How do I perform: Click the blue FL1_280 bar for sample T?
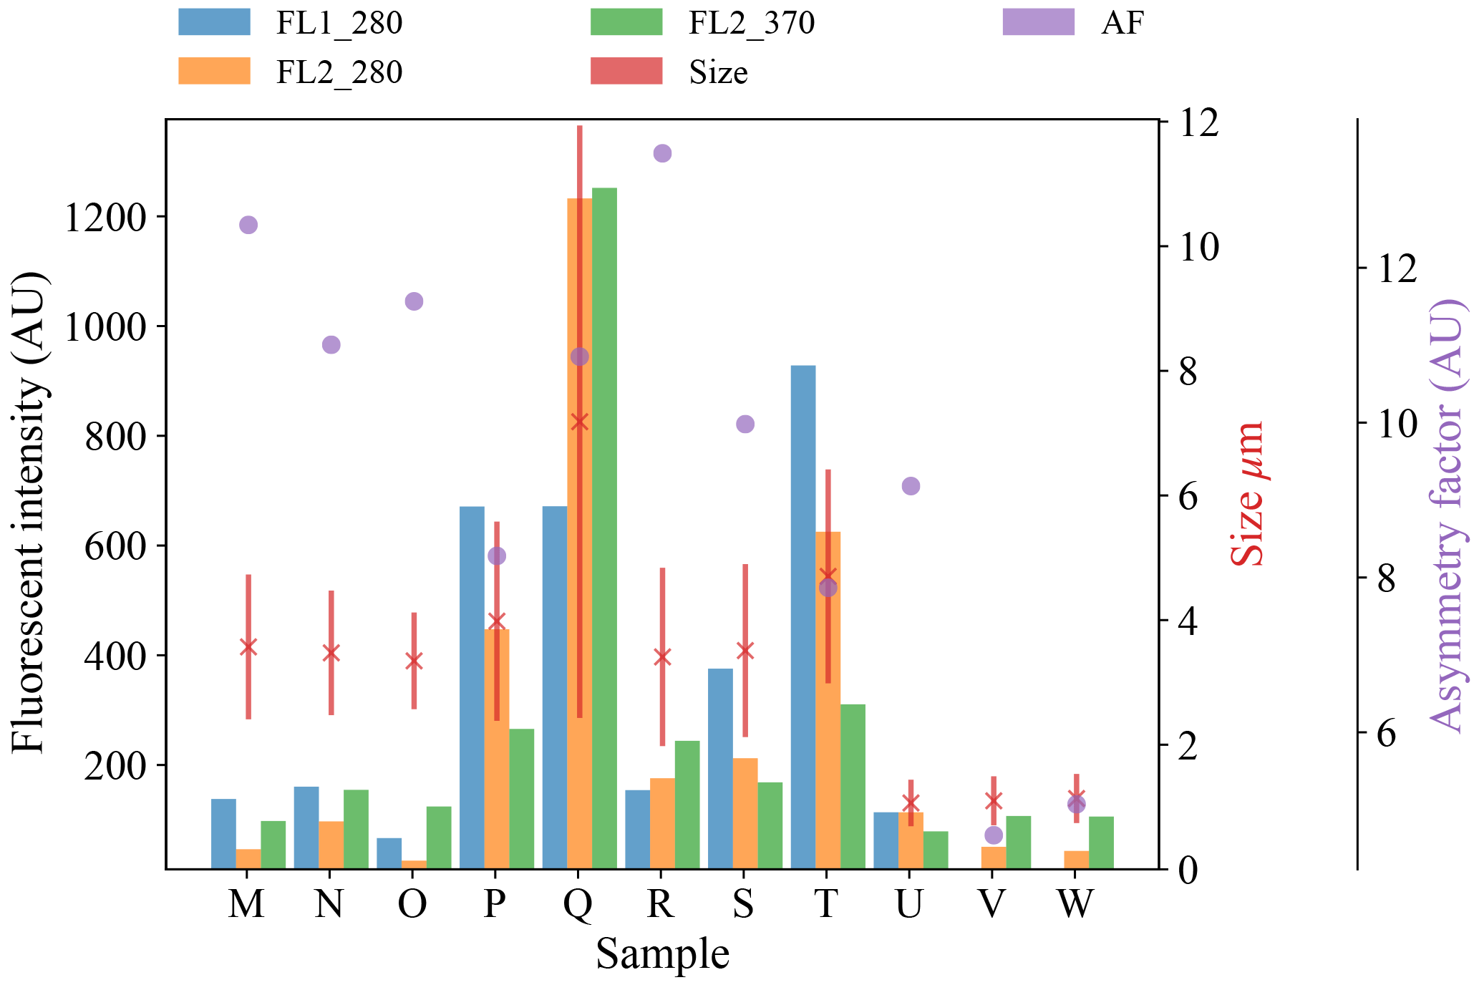802,616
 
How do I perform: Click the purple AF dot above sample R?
662,153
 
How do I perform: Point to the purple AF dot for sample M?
248,225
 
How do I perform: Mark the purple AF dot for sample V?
993,835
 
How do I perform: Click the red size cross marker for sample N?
331,653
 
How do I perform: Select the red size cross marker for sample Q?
580,422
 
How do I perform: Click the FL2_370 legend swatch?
626,22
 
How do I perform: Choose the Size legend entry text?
718,72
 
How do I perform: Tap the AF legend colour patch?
1038,22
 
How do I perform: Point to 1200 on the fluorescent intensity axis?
105,218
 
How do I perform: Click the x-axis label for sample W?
1075,904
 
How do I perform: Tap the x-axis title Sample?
662,954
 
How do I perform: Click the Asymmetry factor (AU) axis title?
1448,515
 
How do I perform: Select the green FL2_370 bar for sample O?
439,838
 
